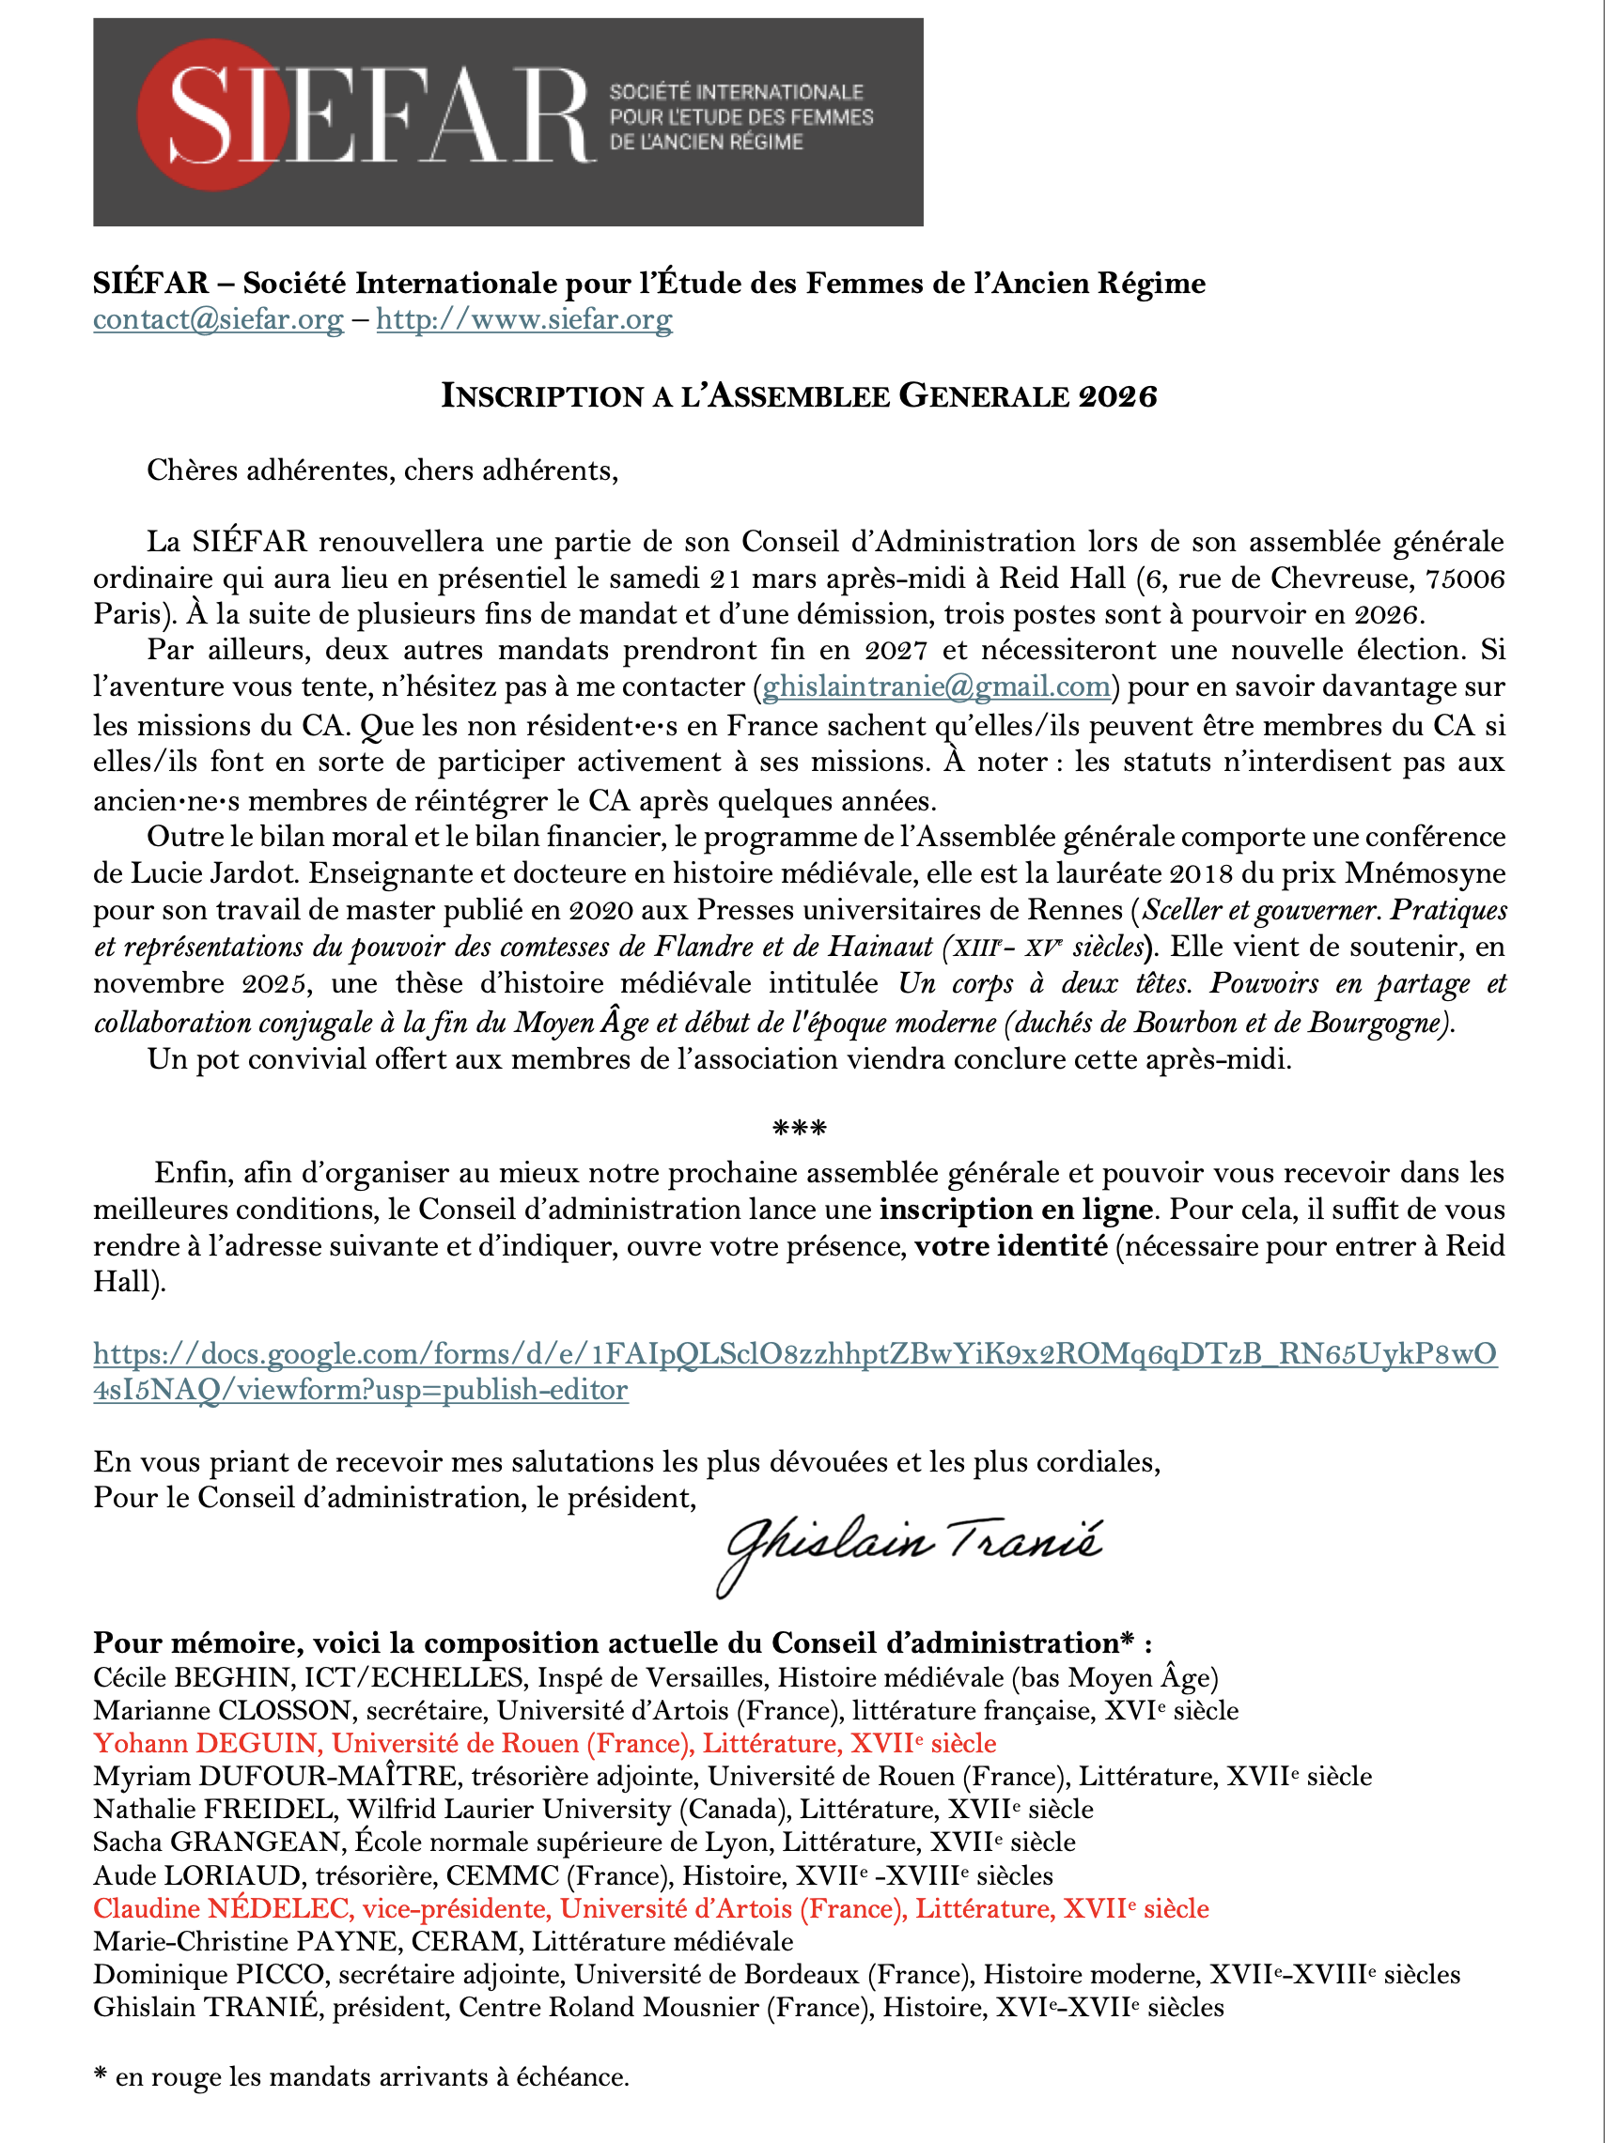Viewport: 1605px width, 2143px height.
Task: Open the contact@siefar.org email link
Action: pyautogui.click(x=218, y=319)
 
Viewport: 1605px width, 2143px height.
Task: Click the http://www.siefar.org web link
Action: pyautogui.click(x=523, y=319)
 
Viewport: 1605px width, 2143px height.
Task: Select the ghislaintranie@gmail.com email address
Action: pyautogui.click(x=936, y=686)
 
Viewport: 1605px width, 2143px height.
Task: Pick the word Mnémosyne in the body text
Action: pyautogui.click(x=1424, y=874)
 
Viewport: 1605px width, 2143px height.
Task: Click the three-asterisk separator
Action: pyautogui.click(x=800, y=1128)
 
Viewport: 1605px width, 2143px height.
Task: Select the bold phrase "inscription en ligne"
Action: pyautogui.click(x=1016, y=1210)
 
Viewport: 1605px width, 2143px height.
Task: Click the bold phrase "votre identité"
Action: pyautogui.click(x=1011, y=1246)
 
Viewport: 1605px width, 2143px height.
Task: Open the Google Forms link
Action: pyautogui.click(x=795, y=1354)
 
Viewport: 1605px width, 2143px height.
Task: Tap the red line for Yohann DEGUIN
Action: pyautogui.click(x=545, y=1743)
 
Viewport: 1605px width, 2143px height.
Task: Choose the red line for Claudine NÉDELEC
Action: pyautogui.click(x=650, y=1908)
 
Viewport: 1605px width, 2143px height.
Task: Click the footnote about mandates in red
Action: pyautogui.click(x=362, y=2077)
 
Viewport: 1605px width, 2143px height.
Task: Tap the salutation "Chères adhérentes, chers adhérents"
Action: pyautogui.click(x=382, y=470)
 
